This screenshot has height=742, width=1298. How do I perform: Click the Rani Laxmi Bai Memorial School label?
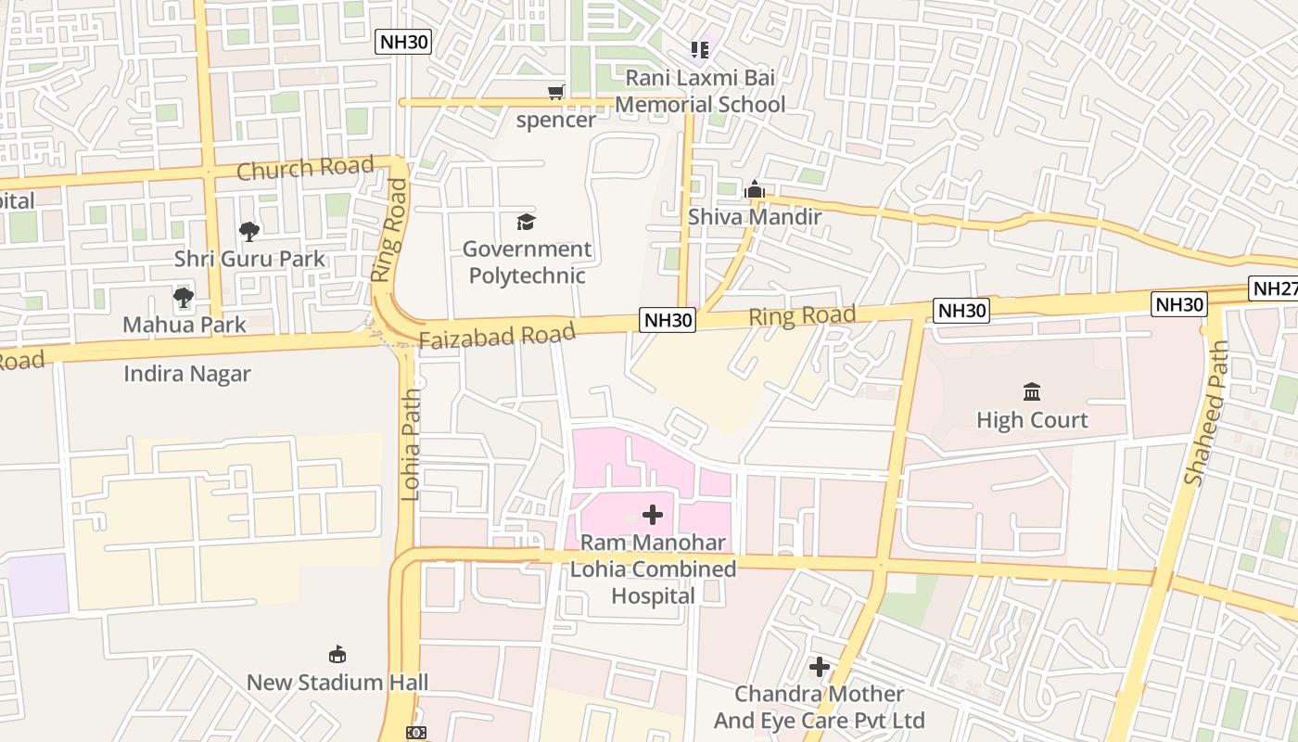(699, 91)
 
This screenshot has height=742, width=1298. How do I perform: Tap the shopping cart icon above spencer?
(555, 92)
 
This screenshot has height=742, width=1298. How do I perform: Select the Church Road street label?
(305, 168)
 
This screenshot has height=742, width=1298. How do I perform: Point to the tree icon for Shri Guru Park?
(248, 231)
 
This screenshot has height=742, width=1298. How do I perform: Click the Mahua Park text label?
(185, 325)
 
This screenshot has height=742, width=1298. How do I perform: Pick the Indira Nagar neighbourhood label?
(187, 374)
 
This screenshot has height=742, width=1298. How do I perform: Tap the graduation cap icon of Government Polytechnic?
(527, 222)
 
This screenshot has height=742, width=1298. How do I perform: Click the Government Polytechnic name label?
(527, 262)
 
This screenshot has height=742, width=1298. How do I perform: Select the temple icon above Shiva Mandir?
(755, 190)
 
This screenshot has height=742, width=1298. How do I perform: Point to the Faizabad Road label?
(497, 335)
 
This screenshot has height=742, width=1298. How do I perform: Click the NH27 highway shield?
(1275, 288)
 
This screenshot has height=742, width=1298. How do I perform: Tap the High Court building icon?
(1032, 391)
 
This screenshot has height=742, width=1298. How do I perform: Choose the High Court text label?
(1032, 420)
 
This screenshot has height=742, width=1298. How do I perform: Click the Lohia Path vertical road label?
(411, 445)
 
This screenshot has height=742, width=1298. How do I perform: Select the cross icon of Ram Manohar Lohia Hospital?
(653, 515)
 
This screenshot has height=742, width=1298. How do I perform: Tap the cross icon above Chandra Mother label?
(819, 667)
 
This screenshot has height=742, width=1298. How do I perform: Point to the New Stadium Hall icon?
(337, 655)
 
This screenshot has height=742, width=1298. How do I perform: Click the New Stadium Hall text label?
(337, 683)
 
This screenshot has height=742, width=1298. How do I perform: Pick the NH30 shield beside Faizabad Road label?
(668, 320)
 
